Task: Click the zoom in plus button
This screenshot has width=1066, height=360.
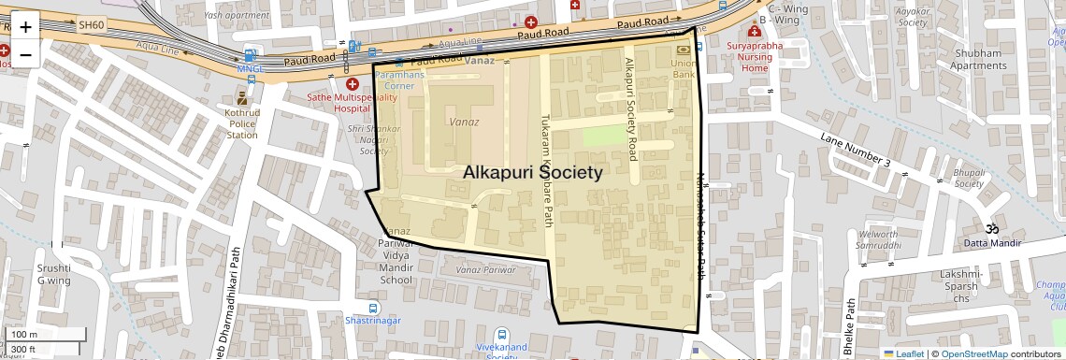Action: point(25,27)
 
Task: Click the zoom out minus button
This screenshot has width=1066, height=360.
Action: point(25,54)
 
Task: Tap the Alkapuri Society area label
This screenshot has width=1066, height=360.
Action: point(533,173)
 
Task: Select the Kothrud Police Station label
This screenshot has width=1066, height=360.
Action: point(242,122)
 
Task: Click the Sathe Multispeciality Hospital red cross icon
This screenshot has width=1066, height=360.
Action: point(353,84)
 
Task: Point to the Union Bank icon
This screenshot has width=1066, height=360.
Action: point(683,50)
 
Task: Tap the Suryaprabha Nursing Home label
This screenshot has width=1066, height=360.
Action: point(755,56)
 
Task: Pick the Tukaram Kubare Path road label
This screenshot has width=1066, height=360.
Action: point(548,170)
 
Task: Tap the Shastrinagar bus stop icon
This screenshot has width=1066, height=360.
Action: point(373,308)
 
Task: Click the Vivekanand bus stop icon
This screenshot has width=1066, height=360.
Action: point(502,334)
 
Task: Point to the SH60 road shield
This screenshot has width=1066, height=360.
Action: point(91,25)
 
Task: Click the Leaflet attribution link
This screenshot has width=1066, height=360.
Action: point(904,354)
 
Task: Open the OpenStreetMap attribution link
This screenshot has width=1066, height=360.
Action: point(974,354)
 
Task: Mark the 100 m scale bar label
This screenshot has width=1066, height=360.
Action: point(23,335)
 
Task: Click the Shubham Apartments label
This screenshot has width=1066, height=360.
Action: point(978,59)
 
